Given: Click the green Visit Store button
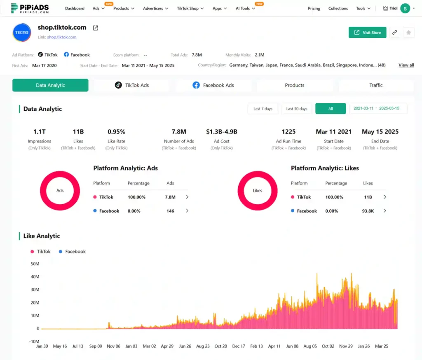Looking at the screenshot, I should [367, 33].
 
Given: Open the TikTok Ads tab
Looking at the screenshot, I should [131, 85].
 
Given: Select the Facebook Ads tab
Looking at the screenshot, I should [213, 85].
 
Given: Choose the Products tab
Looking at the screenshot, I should [295, 85].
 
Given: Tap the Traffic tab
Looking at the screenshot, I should [376, 85].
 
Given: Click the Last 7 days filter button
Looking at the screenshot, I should [263, 109].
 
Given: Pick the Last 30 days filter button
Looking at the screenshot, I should [297, 109].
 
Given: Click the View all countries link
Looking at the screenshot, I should [406, 65].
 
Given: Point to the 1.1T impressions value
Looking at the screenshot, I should [39, 132].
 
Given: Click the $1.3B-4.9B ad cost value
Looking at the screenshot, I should [221, 132].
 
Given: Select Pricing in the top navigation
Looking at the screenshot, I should [314, 8].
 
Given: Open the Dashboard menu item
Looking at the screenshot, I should [75, 8].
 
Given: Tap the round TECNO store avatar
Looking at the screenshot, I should [22, 33].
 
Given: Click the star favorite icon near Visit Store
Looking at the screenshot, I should [408, 33].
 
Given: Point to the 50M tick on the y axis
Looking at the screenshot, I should [35, 264].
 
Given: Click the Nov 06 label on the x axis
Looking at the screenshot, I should [113, 346].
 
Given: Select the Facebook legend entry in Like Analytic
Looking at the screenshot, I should [73, 251].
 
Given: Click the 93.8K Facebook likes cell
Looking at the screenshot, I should [368, 211].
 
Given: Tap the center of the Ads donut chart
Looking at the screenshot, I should [60, 191].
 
